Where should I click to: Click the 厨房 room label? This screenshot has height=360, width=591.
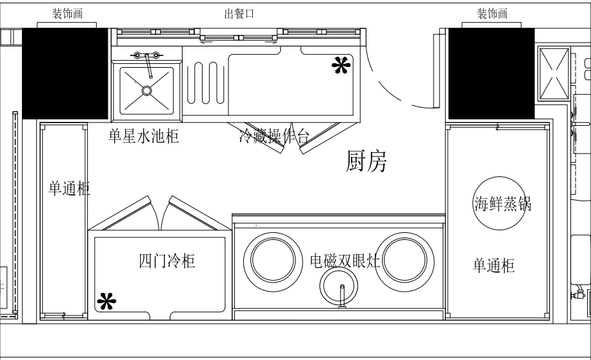click(x=366, y=162)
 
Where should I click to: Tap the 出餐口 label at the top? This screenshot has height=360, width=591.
click(x=239, y=15)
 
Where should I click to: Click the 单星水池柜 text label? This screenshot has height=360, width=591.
click(x=143, y=136)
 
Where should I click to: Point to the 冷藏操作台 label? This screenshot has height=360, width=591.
click(x=274, y=135)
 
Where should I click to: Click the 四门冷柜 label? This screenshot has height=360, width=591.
click(x=168, y=261)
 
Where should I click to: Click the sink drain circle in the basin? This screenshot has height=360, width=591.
click(x=148, y=90)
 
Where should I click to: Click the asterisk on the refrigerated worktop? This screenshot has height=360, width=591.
click(x=341, y=64)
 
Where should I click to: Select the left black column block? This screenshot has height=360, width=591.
click(x=65, y=73)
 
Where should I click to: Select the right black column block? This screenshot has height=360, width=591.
click(x=491, y=73)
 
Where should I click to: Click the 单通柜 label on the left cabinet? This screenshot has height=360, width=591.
click(x=69, y=188)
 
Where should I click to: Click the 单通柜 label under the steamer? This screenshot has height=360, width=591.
click(x=494, y=265)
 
